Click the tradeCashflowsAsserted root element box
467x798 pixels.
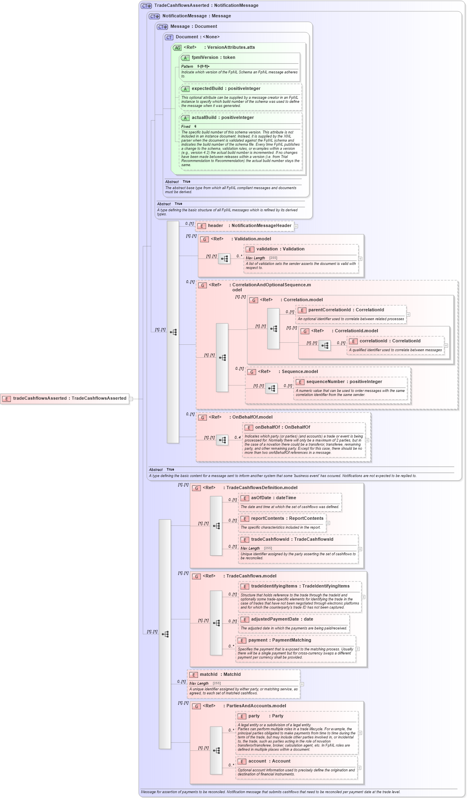(65, 398)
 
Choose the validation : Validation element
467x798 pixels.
(280, 249)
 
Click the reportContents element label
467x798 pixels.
(287, 519)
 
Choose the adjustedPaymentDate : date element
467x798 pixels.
(282, 619)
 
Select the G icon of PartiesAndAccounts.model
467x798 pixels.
(196, 706)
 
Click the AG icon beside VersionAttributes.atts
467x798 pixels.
(177, 48)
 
